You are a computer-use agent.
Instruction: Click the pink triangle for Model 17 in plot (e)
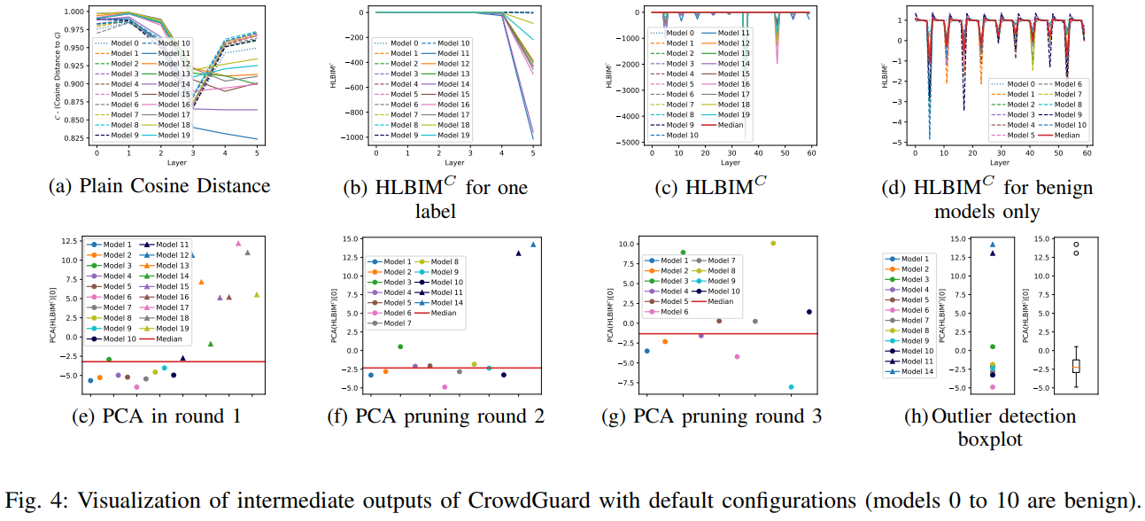tap(237, 243)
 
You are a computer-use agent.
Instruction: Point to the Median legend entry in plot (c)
tap(726, 125)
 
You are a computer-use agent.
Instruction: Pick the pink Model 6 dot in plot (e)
tap(136, 386)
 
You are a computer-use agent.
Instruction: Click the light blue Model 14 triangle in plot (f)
tap(533, 245)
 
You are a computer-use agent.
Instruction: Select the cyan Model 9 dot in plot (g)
tap(791, 386)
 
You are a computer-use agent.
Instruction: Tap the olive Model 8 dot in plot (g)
tap(773, 243)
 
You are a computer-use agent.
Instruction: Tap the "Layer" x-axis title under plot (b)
tap(454, 163)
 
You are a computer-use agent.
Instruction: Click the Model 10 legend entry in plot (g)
tap(708, 291)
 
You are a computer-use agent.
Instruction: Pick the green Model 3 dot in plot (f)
tap(400, 346)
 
